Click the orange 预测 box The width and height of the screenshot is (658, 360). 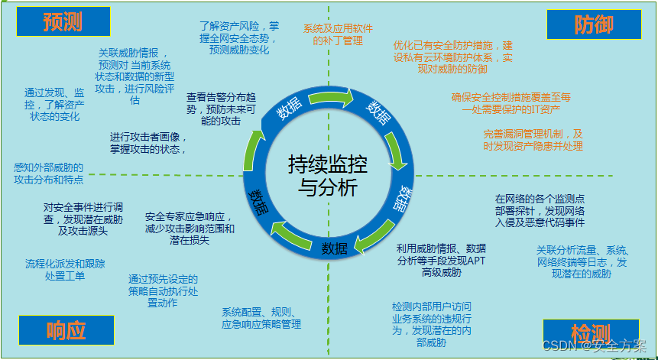coord(63,22)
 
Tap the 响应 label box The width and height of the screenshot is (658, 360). coord(66,329)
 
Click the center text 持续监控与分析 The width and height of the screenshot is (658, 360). coord(323,175)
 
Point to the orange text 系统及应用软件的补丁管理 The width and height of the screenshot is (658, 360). coord(338,34)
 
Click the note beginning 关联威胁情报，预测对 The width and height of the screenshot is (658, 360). coord(134,76)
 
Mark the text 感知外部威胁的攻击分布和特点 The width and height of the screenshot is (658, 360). coord(48,173)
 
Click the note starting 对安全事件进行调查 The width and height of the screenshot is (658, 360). coord(83,219)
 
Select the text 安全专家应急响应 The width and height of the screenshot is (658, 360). coord(190,228)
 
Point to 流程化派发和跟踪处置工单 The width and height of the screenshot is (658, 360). coord(65,270)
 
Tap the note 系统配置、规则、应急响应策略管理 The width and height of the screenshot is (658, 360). coord(261,318)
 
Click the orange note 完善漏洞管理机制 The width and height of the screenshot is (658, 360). coord(522,140)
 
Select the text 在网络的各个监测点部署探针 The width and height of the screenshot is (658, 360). coord(540,209)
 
